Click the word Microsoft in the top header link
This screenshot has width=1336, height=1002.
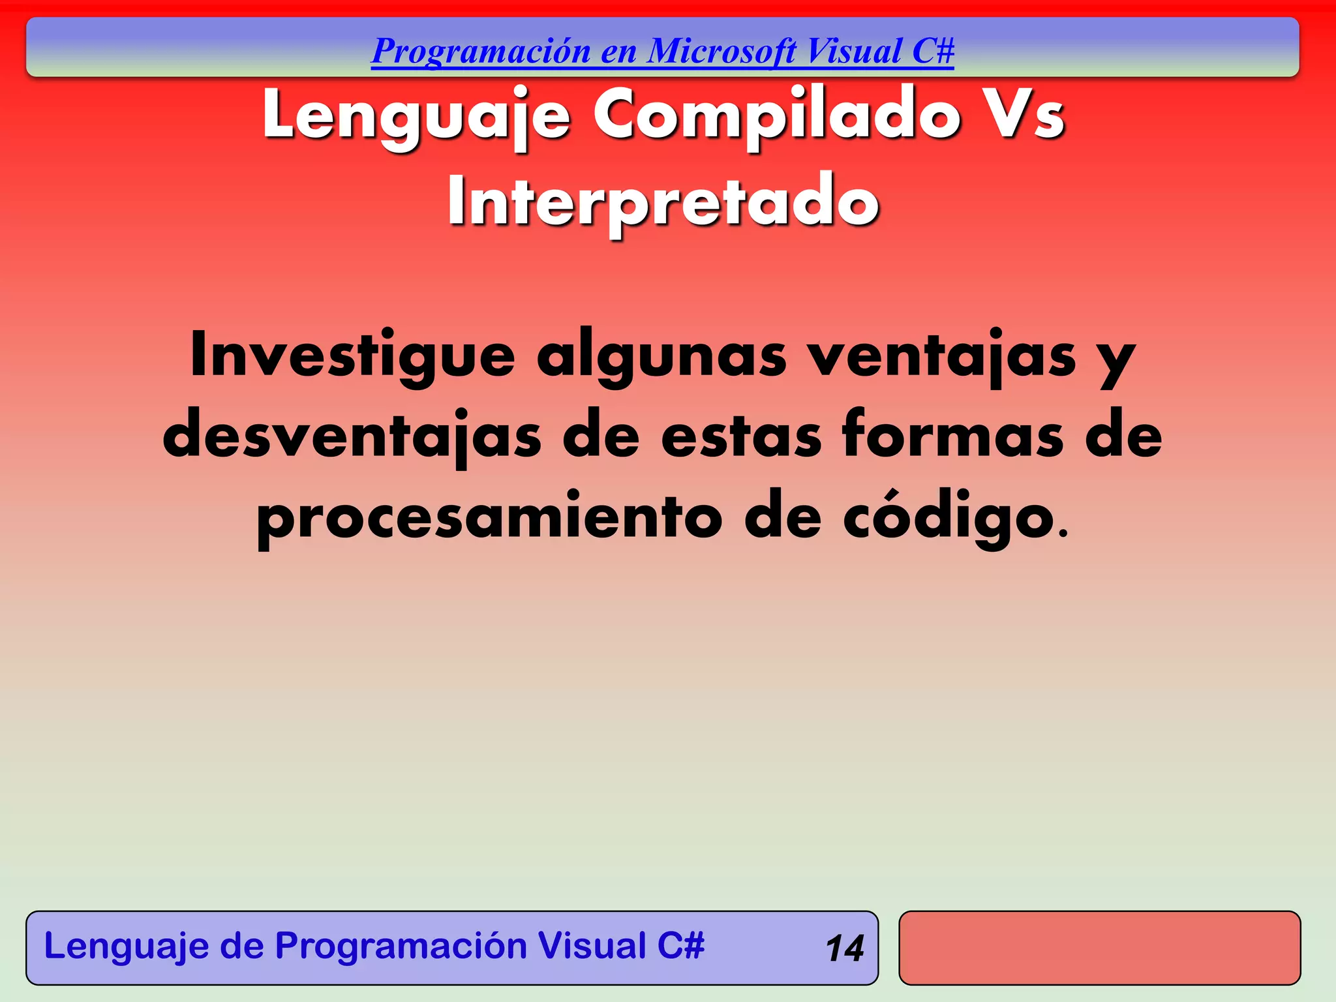(x=721, y=51)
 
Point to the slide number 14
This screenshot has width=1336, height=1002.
(x=844, y=949)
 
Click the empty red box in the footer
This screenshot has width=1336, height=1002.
(x=1099, y=948)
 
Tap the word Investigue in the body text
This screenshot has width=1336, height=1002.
(x=352, y=356)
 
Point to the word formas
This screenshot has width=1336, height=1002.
(x=953, y=435)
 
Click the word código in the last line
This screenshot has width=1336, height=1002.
(x=949, y=517)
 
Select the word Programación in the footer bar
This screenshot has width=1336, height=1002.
(x=401, y=946)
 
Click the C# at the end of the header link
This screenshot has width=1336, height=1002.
(x=933, y=51)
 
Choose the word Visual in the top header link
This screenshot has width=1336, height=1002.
(x=854, y=51)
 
